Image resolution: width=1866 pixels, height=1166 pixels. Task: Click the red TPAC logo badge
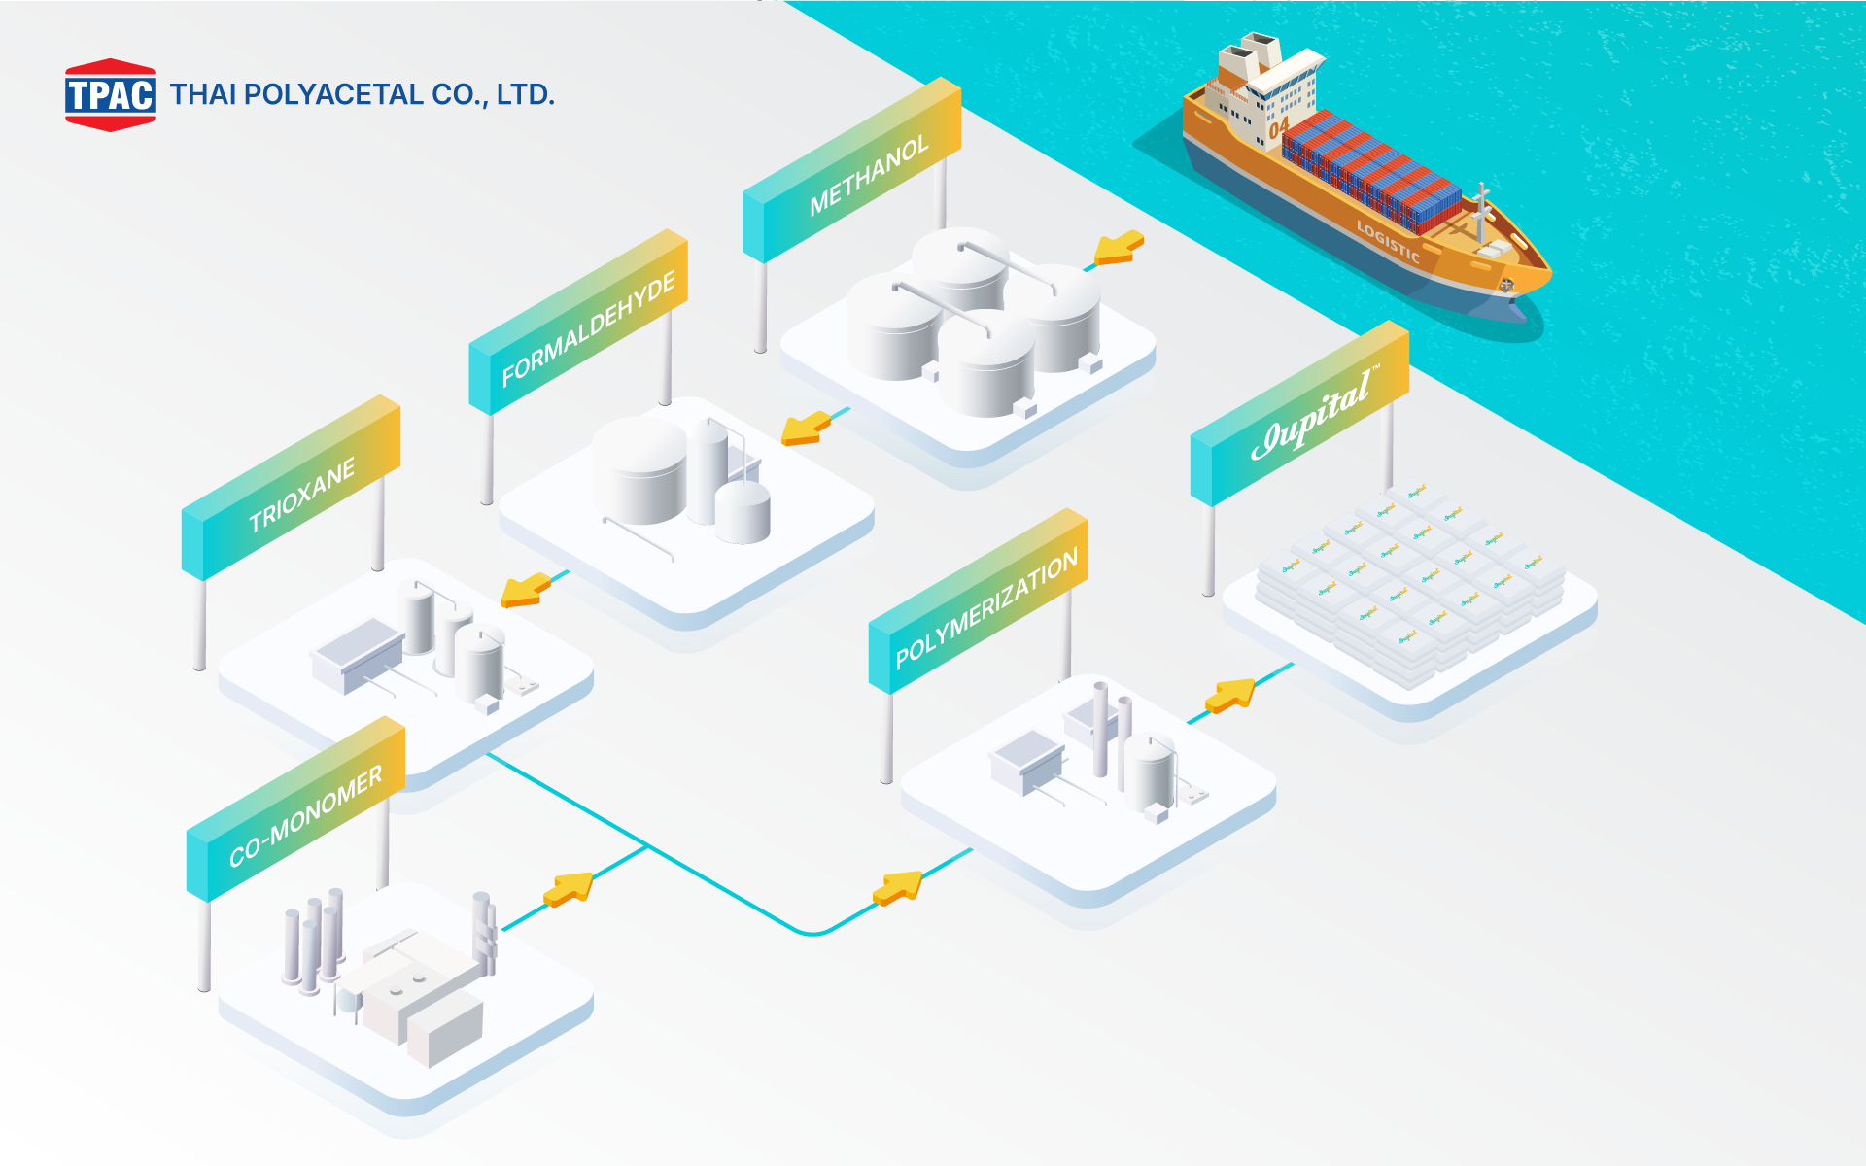point(110,94)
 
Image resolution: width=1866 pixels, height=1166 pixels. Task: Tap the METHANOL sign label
point(869,175)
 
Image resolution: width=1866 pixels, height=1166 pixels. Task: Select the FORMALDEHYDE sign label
point(588,329)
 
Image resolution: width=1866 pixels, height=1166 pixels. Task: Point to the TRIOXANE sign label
point(302,496)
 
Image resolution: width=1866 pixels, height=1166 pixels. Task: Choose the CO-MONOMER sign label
point(305,816)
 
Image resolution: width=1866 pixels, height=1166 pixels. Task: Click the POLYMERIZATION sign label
point(986,608)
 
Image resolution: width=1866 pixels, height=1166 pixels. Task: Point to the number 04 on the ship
point(1279,126)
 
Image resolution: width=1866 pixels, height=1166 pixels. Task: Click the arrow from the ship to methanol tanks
point(1120,248)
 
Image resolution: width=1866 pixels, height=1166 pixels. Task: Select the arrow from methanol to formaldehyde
point(807,428)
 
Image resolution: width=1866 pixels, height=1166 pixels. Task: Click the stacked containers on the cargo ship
point(1370,170)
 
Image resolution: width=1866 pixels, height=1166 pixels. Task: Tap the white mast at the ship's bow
point(1480,209)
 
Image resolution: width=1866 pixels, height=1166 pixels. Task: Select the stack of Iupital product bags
point(1409,583)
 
